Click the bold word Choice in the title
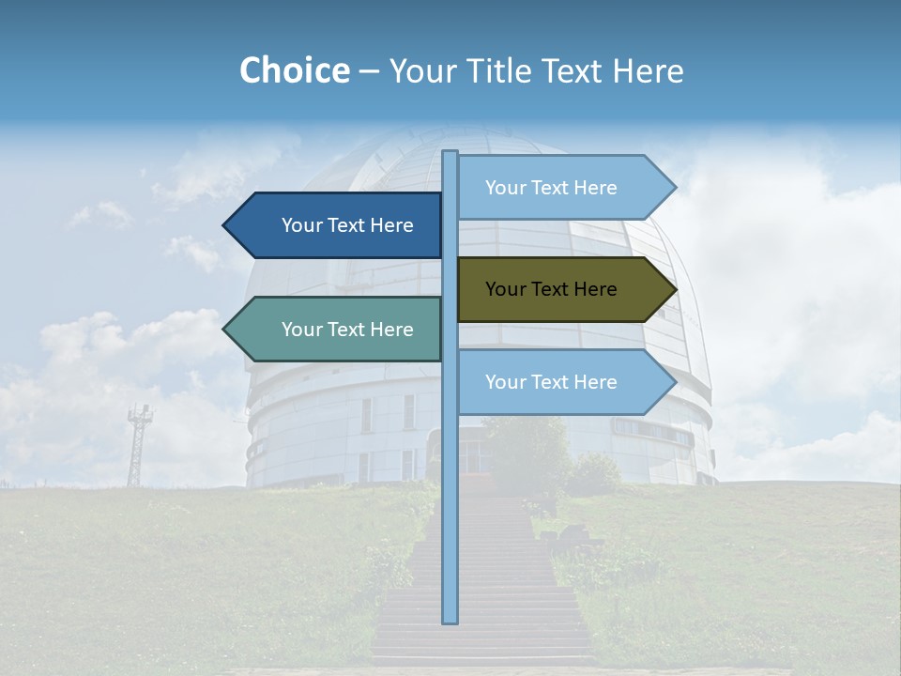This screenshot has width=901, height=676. (294, 71)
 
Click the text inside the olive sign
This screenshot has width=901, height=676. (551, 289)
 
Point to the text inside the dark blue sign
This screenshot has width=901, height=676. (347, 225)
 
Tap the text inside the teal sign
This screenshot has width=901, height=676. (347, 330)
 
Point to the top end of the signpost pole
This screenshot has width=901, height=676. (450, 154)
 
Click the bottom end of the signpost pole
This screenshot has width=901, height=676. (450, 620)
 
